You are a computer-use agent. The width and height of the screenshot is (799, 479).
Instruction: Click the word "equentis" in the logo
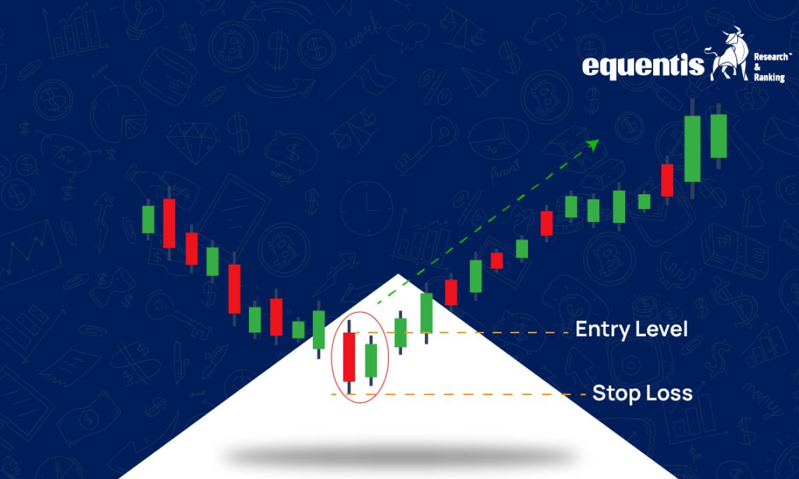[x=643, y=66]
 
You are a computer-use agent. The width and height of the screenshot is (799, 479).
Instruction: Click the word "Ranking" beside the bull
[x=770, y=77]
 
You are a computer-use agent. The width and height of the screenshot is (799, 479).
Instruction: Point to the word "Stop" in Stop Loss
[x=613, y=394]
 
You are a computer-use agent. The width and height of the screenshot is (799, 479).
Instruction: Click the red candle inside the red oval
[x=349, y=357]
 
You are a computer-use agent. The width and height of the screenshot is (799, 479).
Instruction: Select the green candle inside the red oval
[x=371, y=361]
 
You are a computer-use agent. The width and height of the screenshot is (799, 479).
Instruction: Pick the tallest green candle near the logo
[x=692, y=148]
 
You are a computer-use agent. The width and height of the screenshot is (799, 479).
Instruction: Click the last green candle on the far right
[x=718, y=136]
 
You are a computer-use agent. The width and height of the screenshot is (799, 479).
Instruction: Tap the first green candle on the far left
[x=148, y=220]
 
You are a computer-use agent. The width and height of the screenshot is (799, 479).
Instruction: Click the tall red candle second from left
[x=169, y=223]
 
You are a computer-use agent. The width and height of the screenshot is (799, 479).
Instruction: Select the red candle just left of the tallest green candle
[x=667, y=180]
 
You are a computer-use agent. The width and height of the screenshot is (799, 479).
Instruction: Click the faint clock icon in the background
[x=367, y=209]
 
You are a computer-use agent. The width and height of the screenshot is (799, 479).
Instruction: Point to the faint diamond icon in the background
[x=192, y=142]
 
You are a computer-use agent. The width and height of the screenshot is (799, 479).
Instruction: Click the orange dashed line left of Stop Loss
[x=458, y=395]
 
